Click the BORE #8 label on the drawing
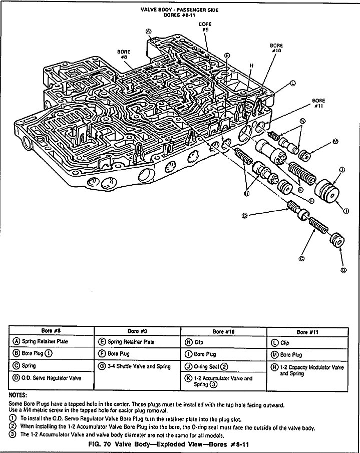(124, 54)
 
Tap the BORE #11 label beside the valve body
(318, 103)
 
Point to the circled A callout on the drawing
(148, 31)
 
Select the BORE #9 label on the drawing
(205, 27)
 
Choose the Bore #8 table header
(52, 331)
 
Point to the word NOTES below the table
(19, 394)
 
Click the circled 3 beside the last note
(13, 434)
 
